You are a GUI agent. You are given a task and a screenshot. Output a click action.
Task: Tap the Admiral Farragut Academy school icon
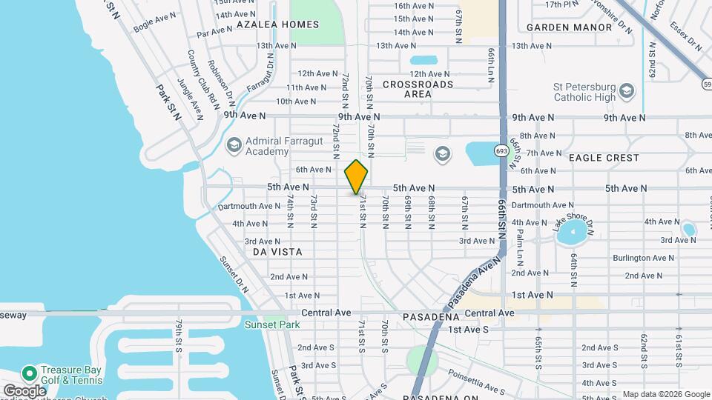click(234, 144)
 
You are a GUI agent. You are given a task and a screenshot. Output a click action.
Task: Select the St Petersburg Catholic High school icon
click(627, 91)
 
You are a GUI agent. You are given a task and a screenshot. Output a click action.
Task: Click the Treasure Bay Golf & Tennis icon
click(30, 372)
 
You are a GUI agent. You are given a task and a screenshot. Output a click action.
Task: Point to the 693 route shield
click(502, 151)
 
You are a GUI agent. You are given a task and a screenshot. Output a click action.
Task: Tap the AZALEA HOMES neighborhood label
click(277, 24)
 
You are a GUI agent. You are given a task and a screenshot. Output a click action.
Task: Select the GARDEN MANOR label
click(570, 27)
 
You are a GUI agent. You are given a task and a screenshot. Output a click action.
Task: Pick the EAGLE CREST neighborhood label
click(604, 158)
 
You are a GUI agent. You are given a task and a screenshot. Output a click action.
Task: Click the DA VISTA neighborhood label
click(277, 252)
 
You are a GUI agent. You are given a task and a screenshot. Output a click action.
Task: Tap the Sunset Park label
click(268, 324)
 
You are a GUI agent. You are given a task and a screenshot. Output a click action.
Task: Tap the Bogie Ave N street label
click(154, 21)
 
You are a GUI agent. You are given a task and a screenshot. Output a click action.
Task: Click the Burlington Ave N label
click(643, 258)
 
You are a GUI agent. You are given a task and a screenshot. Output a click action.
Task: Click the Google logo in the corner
click(24, 391)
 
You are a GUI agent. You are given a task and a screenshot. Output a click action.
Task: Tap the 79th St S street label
click(179, 337)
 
